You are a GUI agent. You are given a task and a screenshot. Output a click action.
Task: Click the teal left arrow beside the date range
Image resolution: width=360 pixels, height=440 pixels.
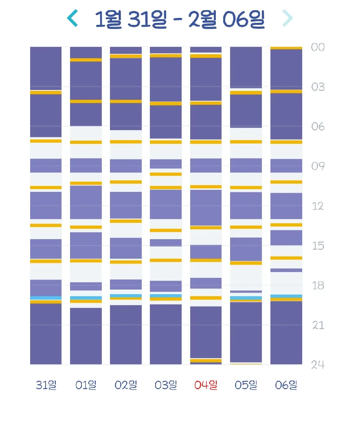coord(72,18)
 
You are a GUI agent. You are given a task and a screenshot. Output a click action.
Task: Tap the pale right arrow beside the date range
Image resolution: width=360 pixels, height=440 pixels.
coord(288,18)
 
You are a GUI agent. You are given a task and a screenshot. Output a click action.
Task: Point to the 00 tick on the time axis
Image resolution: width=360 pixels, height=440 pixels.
coord(318,47)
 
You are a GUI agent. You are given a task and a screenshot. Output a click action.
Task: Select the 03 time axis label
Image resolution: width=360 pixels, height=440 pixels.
coord(318,87)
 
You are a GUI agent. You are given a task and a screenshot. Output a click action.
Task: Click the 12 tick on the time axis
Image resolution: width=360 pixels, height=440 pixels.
coord(318,206)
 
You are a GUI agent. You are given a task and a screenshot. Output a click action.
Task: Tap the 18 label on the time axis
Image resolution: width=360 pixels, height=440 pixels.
coord(318,286)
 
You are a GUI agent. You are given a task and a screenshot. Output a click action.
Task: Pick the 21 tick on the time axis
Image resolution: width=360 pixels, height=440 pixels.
coord(318,325)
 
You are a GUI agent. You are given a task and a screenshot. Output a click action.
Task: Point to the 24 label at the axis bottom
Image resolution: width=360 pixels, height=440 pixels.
coord(318,365)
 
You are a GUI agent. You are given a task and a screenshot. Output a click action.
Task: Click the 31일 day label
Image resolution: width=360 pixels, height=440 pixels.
coord(46,385)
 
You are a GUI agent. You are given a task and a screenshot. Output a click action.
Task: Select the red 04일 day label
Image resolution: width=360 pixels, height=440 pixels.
coord(206,385)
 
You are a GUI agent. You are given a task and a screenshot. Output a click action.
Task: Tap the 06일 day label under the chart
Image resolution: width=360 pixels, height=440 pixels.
coord(286,385)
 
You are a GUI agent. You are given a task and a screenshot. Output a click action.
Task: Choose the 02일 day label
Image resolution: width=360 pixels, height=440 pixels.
coord(126,385)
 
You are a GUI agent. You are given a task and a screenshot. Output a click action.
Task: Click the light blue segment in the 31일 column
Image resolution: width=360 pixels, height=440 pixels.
coord(46,298)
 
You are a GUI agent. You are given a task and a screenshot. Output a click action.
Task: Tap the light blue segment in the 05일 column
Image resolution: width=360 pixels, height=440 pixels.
coord(246,298)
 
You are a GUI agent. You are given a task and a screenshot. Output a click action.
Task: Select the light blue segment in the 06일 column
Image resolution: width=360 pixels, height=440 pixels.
coord(286,296)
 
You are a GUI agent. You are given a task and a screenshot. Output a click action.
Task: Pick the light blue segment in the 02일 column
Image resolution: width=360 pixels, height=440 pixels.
coord(126,296)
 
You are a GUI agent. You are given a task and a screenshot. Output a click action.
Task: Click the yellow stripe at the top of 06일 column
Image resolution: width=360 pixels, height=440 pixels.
coord(286,48)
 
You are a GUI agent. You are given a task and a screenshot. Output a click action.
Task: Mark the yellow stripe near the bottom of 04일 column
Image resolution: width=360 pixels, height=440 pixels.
coord(206,361)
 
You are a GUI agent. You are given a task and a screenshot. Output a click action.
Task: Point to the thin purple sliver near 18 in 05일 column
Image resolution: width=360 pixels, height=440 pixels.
coord(246,292)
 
